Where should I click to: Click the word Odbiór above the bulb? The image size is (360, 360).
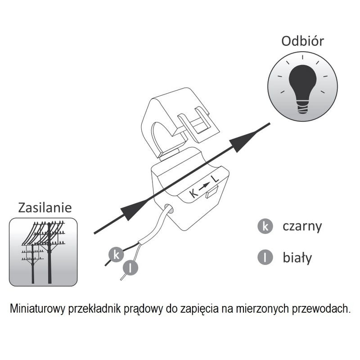pyautogui.click(x=302, y=41)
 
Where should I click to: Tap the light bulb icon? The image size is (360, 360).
pyautogui.click(x=302, y=86)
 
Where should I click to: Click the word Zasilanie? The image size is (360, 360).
pyautogui.click(x=45, y=207)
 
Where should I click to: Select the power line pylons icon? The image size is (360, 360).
pyautogui.click(x=43, y=252)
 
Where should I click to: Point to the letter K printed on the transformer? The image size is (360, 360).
pyautogui.click(x=194, y=193)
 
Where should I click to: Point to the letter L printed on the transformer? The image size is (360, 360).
pyautogui.click(x=215, y=179)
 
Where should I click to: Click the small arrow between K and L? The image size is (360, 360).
pyautogui.click(x=204, y=186)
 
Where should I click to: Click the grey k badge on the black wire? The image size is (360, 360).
pyautogui.click(x=116, y=255)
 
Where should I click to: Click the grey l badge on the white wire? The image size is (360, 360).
pyautogui.click(x=130, y=267)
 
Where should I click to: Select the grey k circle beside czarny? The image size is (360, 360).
pyautogui.click(x=265, y=226)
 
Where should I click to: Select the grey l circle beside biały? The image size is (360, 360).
pyautogui.click(x=265, y=257)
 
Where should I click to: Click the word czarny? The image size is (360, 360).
pyautogui.click(x=302, y=227)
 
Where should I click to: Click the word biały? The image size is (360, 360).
pyautogui.click(x=297, y=257)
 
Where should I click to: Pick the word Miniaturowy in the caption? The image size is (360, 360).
pyautogui.click(x=37, y=309)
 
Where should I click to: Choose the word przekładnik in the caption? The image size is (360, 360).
pyautogui.click(x=94, y=309)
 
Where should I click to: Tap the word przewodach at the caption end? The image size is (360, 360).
pyautogui.click(x=321, y=309)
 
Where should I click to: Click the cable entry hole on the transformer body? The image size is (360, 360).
pyautogui.click(x=168, y=208)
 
